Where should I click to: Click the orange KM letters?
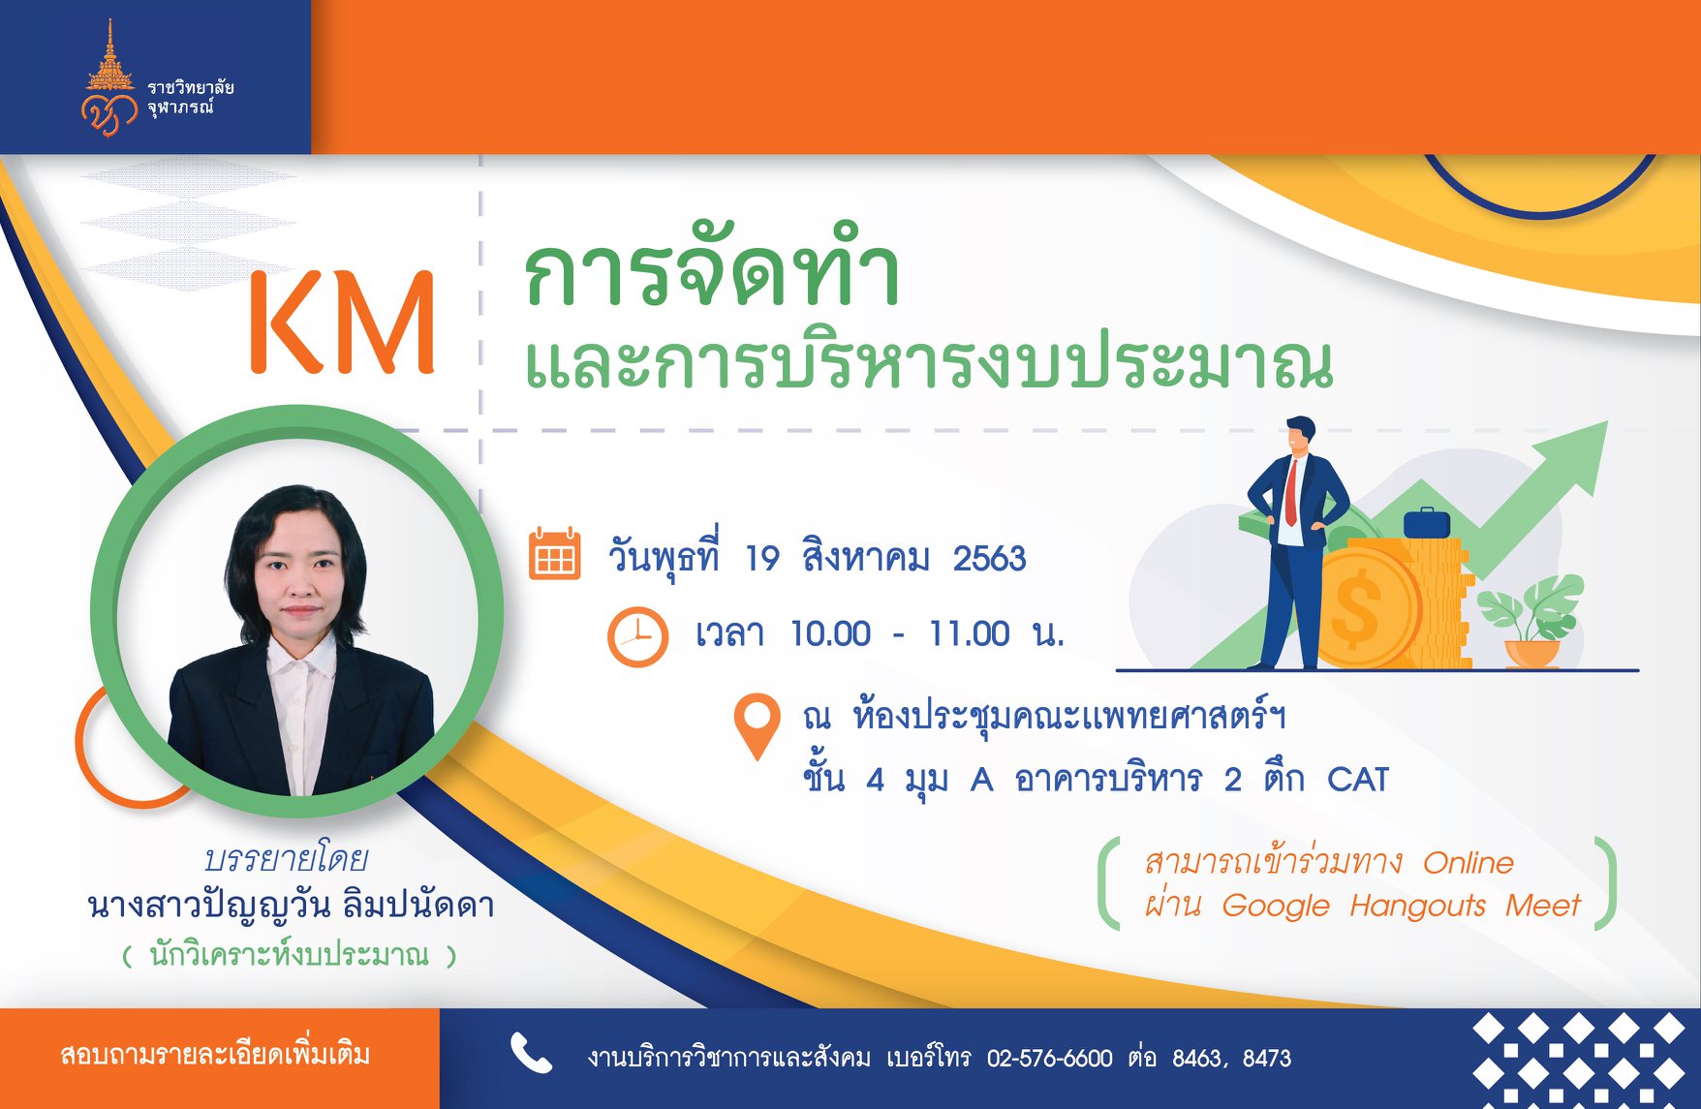342,322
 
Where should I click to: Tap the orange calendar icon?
554,554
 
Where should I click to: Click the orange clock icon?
637,636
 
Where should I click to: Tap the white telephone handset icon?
531,1054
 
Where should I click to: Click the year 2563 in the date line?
989,559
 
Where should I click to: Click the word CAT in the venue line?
1358,780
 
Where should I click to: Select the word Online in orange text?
1468,863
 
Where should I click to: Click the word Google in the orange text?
1276,907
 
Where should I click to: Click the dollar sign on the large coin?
1356,608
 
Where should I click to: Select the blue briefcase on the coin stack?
1427,523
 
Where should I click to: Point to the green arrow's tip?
1606,422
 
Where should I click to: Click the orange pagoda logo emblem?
109,79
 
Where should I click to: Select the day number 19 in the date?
762,559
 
